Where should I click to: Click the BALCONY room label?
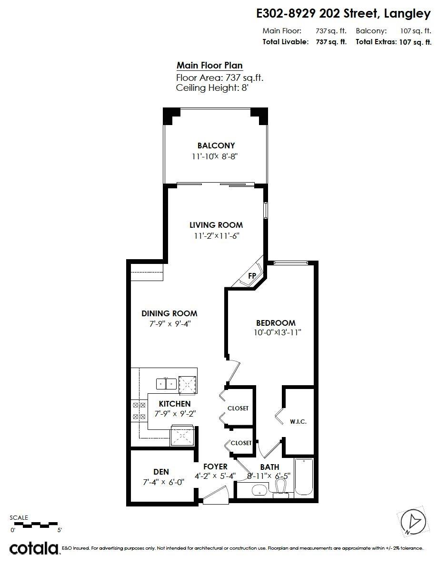216,146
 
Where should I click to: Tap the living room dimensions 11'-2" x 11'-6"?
216,236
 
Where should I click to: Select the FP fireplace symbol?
252,276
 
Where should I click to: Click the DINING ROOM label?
169,313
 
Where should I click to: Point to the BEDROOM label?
275,323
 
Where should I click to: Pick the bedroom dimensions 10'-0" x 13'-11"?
277,333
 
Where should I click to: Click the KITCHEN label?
175,404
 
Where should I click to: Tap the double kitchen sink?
166,383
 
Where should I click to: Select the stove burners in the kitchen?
138,411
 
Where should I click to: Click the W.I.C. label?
298,422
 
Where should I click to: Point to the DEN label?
161,472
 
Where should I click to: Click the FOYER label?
215,467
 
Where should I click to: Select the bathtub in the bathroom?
304,477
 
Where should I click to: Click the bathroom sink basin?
259,490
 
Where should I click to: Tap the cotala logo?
34,548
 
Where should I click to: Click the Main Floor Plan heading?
209,66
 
